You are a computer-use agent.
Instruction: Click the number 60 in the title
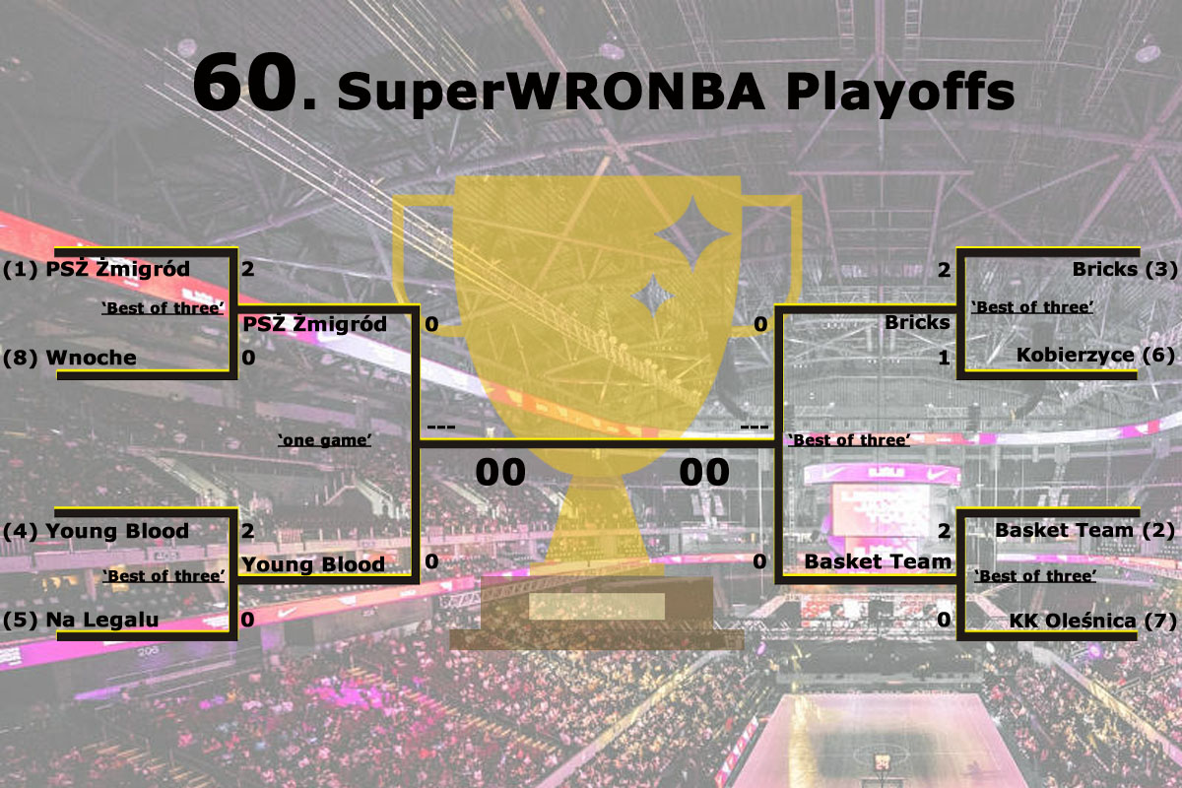(x=242, y=83)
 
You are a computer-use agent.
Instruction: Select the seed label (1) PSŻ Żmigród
(x=97, y=269)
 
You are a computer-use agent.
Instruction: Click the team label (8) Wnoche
(x=70, y=358)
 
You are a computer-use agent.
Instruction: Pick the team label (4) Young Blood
(x=96, y=532)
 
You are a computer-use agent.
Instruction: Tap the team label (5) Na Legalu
(x=81, y=620)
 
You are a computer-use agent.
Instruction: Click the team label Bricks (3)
(x=1124, y=268)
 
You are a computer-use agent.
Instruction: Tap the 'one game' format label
(x=324, y=440)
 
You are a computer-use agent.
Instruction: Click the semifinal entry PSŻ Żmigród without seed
(x=314, y=324)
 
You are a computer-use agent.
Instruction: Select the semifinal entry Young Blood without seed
(x=313, y=564)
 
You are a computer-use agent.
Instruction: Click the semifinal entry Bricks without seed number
(x=917, y=322)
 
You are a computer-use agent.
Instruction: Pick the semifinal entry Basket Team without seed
(x=878, y=561)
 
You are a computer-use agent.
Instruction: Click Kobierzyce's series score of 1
(x=944, y=359)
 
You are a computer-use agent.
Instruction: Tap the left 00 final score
(x=500, y=472)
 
